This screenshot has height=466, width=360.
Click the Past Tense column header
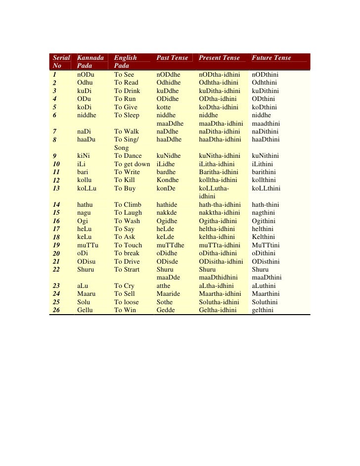pyautogui.click(x=172, y=58)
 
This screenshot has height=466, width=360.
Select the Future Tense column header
pyautogui.click(x=271, y=58)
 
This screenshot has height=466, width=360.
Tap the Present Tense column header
pyautogui.click(x=219, y=58)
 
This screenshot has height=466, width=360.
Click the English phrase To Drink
pyautogui.click(x=127, y=91)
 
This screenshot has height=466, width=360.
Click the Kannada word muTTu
pyautogui.click(x=88, y=245)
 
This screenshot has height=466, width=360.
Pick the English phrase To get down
pyautogui.click(x=132, y=164)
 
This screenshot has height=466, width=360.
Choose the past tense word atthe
pyautogui.click(x=163, y=286)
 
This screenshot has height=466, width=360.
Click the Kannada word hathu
pyautogui.click(x=86, y=204)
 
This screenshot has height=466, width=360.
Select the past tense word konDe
pyautogui.click(x=165, y=188)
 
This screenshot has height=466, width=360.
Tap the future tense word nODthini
pyautogui.click(x=266, y=75)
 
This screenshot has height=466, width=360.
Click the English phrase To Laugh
pyautogui.click(x=128, y=213)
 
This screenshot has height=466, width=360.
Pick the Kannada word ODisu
pyautogui.click(x=87, y=262)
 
